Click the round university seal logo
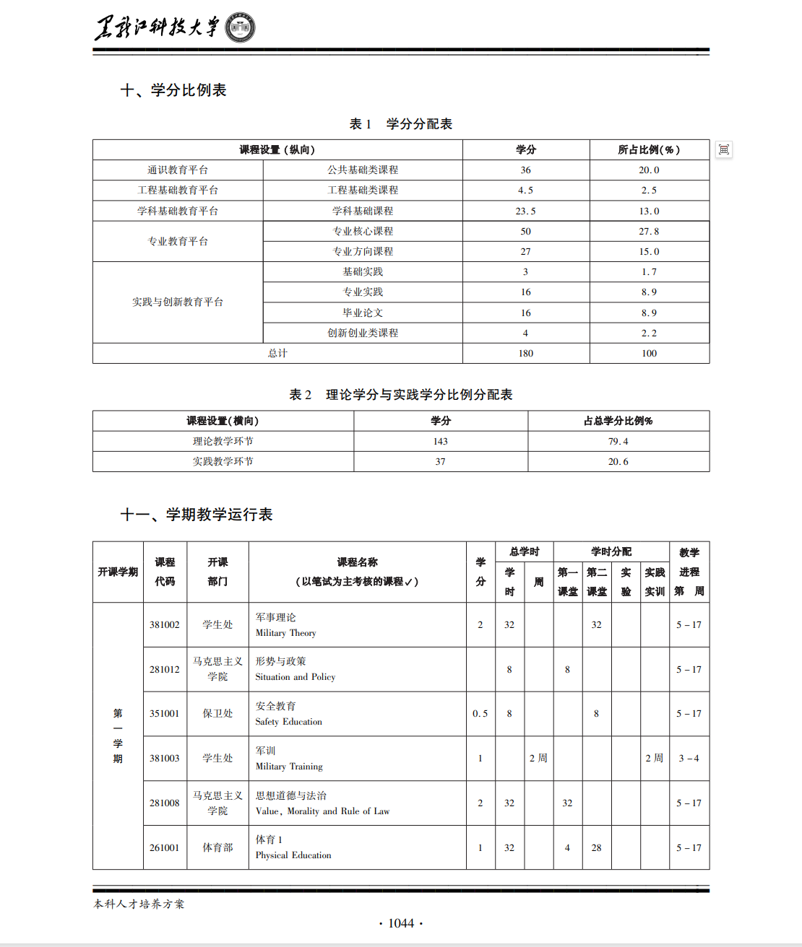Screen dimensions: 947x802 coord(240,28)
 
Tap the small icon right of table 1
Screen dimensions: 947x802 coord(723,149)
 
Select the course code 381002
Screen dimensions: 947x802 coord(164,625)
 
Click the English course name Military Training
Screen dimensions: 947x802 coord(289,767)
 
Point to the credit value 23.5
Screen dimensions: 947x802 coord(525,211)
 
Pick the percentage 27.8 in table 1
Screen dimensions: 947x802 coord(649,232)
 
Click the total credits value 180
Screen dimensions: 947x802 coord(525,354)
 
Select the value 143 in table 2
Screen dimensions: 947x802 coord(440,442)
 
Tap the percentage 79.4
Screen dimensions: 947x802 coord(618,442)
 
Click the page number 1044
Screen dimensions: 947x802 coord(401,923)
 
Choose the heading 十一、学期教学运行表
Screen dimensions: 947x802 coord(197,515)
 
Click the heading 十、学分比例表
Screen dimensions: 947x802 coord(173,90)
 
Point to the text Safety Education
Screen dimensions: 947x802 coord(288,722)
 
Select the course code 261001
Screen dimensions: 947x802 coord(164,848)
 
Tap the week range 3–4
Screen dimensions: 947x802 coord(689,759)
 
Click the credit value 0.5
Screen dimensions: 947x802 coord(480,714)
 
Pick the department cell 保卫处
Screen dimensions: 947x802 coord(217,714)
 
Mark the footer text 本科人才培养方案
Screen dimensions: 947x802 coord(139,904)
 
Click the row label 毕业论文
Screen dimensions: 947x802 coord(363,313)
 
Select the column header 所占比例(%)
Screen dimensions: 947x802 coord(649,150)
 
